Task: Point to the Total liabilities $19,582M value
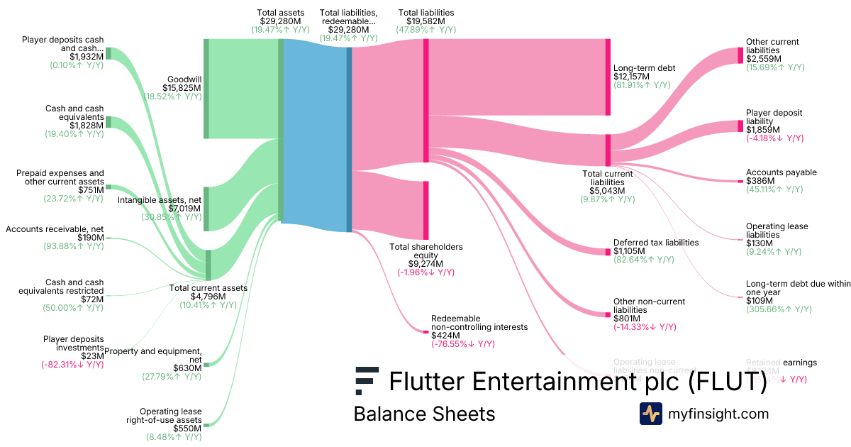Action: click(425, 21)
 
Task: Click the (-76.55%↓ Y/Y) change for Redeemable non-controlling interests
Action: click(463, 344)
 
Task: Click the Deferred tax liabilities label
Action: click(656, 243)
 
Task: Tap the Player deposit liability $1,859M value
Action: click(762, 130)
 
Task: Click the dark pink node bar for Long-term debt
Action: click(608, 77)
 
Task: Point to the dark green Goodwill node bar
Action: click(206, 89)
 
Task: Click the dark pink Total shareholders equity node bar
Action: click(426, 210)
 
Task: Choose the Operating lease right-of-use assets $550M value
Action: click(187, 429)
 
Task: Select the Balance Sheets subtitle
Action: click(424, 414)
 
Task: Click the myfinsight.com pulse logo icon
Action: click(650, 414)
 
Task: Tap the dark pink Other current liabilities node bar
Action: click(740, 55)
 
